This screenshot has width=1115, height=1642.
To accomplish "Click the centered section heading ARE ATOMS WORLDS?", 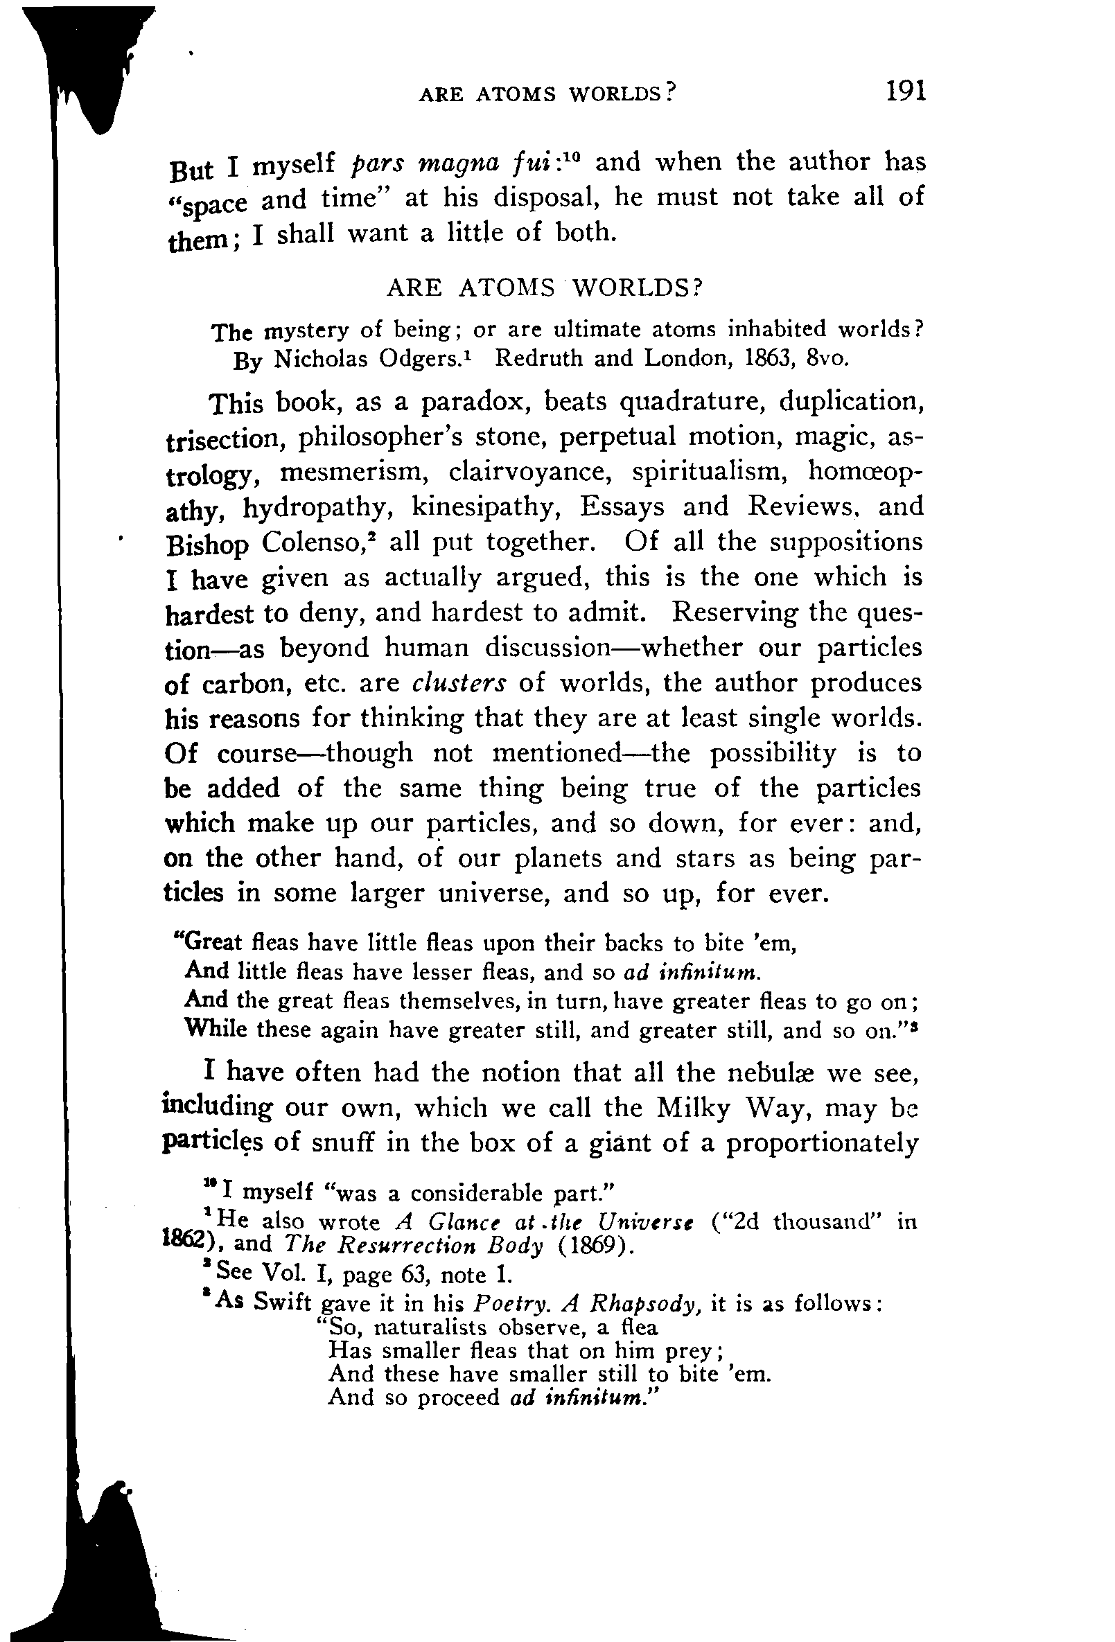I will (544, 287).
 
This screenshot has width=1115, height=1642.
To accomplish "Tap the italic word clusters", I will (459, 683).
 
